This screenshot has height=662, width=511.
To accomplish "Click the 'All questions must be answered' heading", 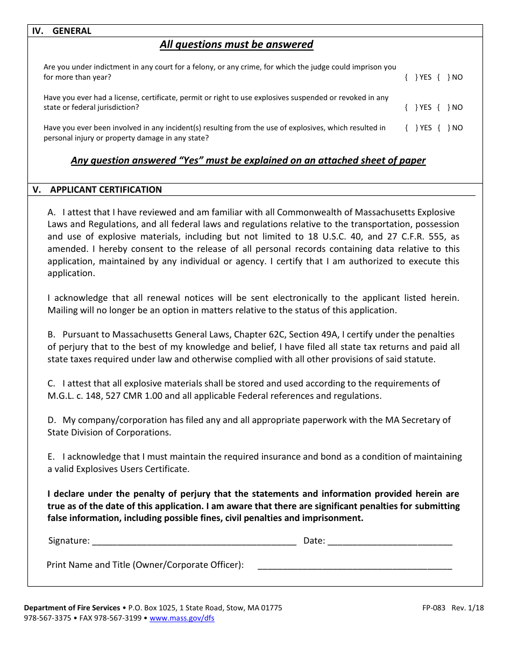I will click(236, 44).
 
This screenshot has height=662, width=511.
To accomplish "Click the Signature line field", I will click(194, 540).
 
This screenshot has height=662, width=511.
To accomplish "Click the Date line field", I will click(389, 540).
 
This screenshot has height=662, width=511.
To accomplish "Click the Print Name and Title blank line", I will click(355, 565).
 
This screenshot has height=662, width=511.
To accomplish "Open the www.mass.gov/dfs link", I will click(182, 618).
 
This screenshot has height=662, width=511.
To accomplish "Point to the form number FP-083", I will click(434, 608).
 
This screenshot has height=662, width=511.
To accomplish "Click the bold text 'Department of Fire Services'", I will click(72, 608).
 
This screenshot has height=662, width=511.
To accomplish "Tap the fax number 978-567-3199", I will click(118, 618).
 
